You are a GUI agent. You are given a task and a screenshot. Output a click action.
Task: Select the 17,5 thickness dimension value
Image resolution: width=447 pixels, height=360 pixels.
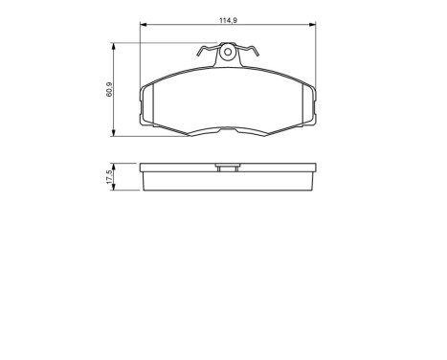(x=111, y=177)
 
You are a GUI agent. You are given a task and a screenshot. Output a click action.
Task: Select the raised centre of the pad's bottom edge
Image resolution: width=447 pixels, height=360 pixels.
(x=228, y=127)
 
